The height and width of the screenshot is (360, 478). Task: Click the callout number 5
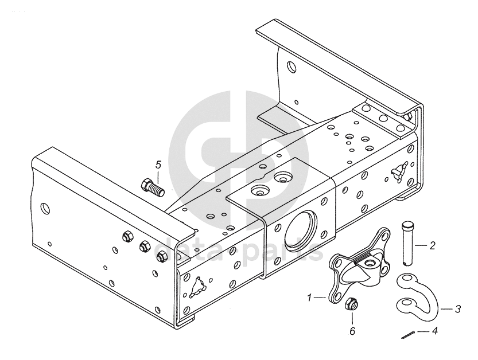click(x=158, y=165)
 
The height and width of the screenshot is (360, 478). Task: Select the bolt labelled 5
click(x=153, y=187)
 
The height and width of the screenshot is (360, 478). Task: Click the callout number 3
click(x=457, y=309)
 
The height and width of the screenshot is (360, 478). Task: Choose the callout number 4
click(x=435, y=330)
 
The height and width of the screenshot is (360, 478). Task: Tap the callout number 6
click(x=352, y=331)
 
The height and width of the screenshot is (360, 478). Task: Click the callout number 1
click(x=309, y=297)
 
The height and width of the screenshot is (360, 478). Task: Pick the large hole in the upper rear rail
click(x=292, y=66)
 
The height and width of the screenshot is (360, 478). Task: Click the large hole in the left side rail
click(x=46, y=208)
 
